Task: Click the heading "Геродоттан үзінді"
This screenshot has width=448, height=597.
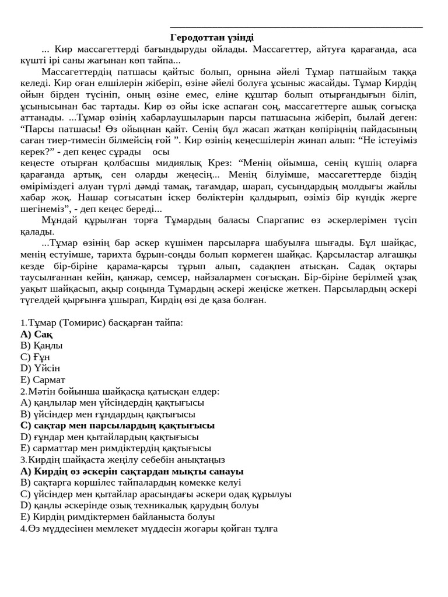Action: (212, 37)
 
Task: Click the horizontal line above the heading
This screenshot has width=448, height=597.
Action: (296, 27)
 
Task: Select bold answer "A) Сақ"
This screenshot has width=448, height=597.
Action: (36, 334)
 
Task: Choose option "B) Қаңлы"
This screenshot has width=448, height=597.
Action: (41, 345)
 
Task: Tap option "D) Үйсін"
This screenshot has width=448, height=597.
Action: (40, 368)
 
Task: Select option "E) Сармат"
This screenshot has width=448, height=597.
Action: (43, 380)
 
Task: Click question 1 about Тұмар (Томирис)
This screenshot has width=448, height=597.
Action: (101, 322)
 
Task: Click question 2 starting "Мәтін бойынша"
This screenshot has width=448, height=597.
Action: (120, 391)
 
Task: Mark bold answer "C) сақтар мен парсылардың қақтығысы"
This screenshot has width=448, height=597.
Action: (117, 426)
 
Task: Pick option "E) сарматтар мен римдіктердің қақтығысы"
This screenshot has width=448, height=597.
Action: (116, 448)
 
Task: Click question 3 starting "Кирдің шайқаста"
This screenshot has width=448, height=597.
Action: (123, 459)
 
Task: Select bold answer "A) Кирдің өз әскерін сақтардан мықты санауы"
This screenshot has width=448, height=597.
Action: (132, 471)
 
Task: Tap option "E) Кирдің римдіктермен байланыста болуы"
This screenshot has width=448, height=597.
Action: (117, 517)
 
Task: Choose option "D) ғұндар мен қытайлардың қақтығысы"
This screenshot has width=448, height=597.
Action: (109, 437)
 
